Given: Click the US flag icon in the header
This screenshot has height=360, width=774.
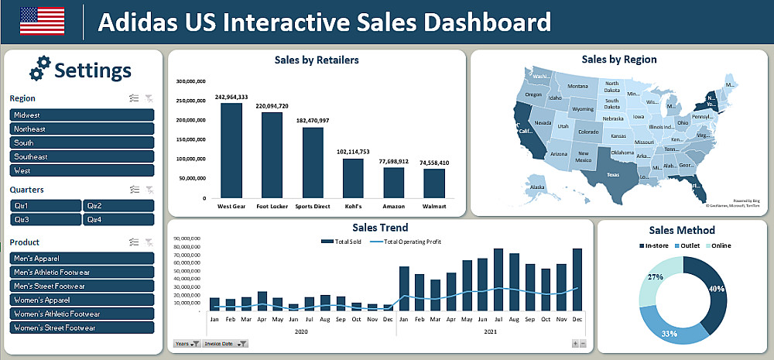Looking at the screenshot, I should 42,21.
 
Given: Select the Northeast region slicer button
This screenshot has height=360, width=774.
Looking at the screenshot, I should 81,129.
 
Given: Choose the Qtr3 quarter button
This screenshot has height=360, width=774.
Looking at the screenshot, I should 45,219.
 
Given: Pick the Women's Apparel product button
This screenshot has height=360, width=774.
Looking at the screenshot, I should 81,300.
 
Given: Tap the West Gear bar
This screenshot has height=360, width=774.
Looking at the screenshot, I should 231,150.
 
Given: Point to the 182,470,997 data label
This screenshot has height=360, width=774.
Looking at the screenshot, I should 312,121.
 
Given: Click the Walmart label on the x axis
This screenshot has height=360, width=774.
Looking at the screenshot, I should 434,207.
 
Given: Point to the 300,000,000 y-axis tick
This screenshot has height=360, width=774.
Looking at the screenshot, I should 190,81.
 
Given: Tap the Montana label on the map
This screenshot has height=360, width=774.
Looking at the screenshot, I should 578,87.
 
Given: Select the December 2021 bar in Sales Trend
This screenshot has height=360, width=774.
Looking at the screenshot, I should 577,279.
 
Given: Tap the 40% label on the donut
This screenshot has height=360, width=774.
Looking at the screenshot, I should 717,289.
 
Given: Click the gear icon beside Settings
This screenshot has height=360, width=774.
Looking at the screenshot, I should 39,69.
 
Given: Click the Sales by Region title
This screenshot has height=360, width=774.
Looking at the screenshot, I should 619,60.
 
